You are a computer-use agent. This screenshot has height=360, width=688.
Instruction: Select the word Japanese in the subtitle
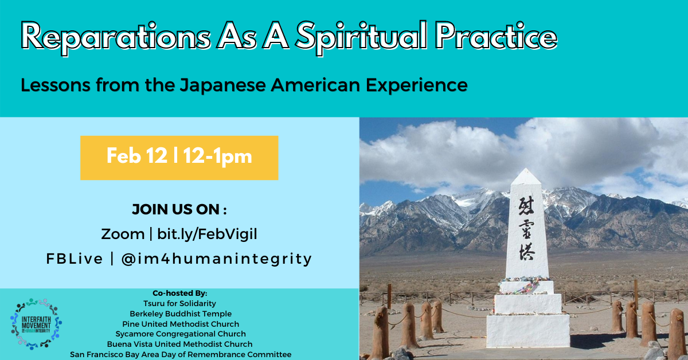point(222,85)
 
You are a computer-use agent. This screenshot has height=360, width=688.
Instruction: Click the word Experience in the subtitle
point(416,85)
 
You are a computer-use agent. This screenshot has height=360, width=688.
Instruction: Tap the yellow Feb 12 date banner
point(179,158)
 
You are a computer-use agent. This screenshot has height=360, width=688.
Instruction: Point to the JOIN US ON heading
point(179,209)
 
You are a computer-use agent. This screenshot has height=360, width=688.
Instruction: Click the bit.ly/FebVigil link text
point(207,234)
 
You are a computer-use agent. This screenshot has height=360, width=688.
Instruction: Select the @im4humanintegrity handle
point(217,259)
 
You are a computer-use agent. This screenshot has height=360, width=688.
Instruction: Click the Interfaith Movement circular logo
point(36,324)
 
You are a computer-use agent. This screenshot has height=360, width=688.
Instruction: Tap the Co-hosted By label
point(180,294)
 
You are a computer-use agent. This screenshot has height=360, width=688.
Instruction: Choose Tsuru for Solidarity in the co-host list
point(179,303)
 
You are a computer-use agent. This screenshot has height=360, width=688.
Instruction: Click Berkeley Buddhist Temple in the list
point(181,314)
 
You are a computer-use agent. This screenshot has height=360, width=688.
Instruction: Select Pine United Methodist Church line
point(181,324)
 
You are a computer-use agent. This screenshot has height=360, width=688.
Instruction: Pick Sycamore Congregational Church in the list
point(181,334)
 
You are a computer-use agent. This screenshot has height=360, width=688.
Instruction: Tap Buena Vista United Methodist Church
point(179,344)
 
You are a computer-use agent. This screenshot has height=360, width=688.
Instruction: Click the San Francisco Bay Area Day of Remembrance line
point(181,354)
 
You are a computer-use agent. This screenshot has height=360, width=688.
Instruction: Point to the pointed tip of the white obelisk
point(526,169)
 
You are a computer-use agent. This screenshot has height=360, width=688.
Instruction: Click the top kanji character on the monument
point(526,206)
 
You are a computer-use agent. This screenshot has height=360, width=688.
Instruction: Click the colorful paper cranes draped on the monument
point(524,285)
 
